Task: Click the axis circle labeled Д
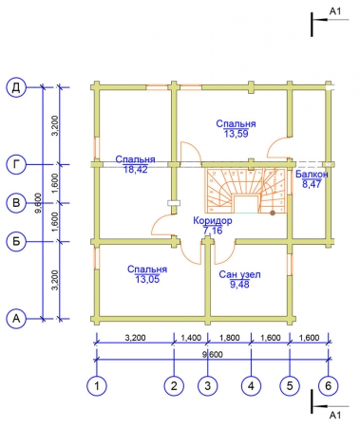point(16,87)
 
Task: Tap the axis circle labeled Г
point(16,164)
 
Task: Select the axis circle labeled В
point(16,203)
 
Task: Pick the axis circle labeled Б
point(16,242)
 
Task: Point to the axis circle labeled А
point(16,319)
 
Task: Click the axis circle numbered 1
point(97,386)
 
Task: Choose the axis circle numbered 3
point(207,386)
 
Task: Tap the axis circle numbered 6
point(329,386)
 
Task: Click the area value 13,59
point(237,134)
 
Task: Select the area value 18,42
point(136,170)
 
